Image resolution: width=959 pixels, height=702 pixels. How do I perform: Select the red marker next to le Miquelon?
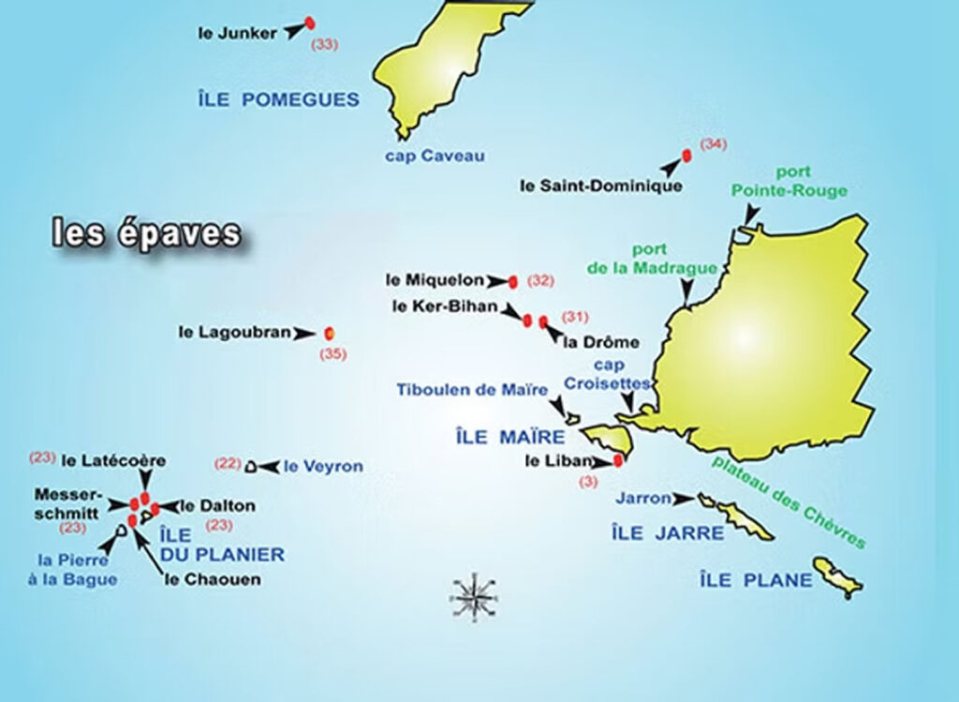[512, 281]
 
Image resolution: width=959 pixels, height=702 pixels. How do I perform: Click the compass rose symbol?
[475, 594]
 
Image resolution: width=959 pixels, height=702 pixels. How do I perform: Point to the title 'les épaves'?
[146, 234]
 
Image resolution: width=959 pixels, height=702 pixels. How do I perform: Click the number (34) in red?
[713, 144]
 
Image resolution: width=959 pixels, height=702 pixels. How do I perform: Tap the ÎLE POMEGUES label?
[278, 98]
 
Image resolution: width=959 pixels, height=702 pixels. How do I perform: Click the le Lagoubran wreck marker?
[329, 333]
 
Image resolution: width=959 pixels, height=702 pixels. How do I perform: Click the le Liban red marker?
[618, 460]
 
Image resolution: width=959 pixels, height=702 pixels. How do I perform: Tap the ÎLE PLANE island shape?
[837, 576]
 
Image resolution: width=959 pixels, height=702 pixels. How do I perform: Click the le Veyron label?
[323, 466]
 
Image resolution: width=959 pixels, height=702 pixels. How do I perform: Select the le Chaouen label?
[213, 579]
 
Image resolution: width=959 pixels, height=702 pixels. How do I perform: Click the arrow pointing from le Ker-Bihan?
[511, 309]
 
